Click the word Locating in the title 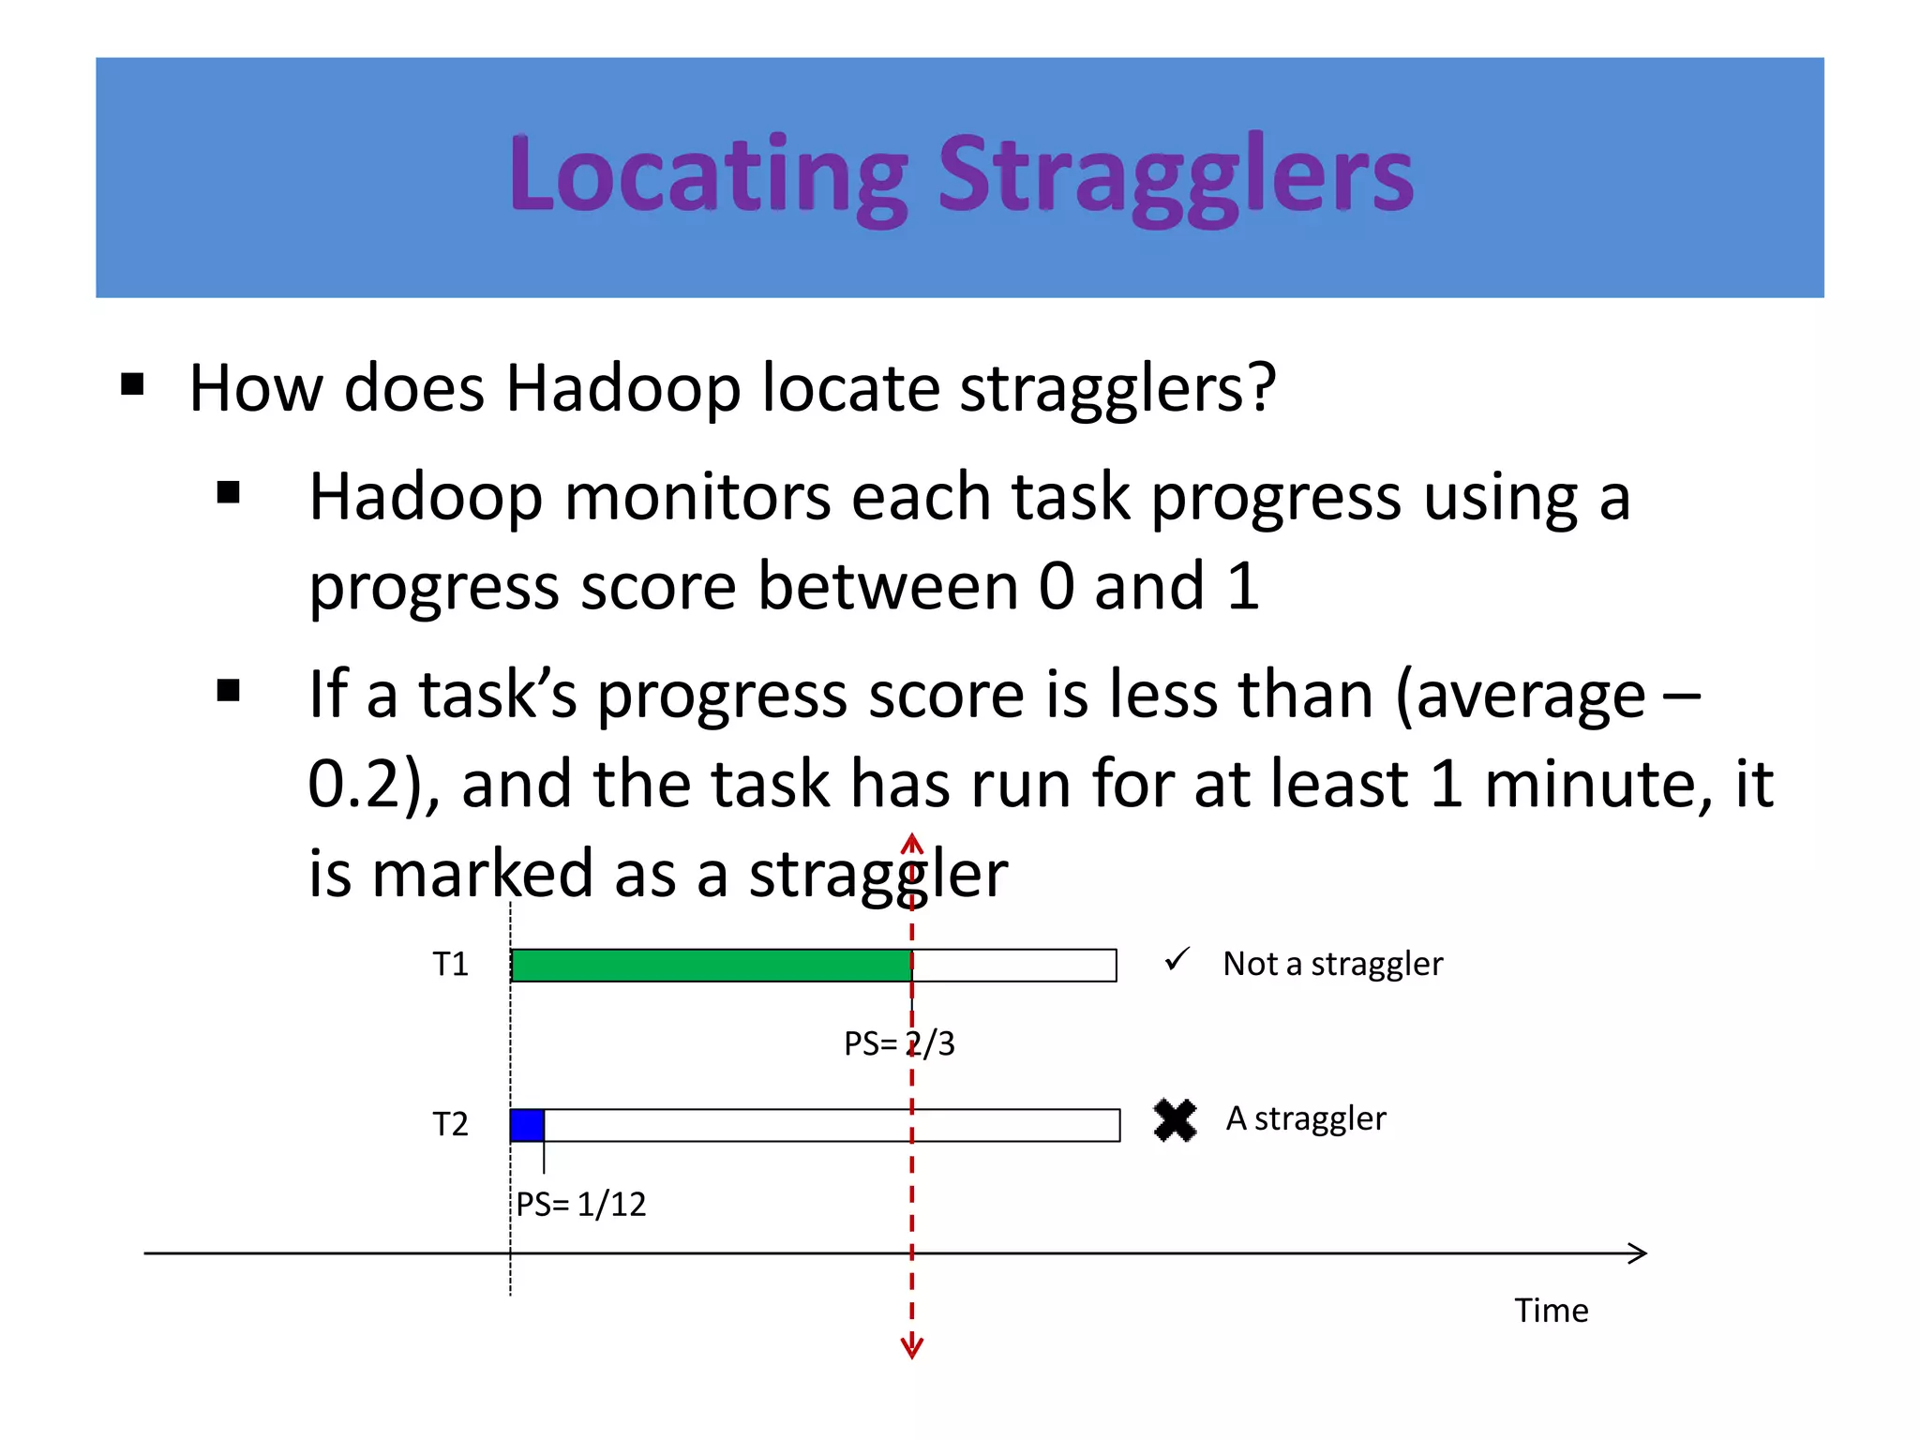(708, 176)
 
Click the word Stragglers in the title (1176, 176)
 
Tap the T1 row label (450, 965)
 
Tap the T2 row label (450, 1124)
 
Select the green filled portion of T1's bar (711, 966)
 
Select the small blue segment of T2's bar (527, 1125)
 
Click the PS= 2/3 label (898, 1043)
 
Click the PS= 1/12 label (581, 1205)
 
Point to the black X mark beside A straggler (1175, 1120)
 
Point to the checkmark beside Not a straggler (1177, 960)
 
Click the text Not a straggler (1332, 965)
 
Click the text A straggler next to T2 (1306, 1119)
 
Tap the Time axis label (1551, 1311)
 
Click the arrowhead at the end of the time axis (1639, 1253)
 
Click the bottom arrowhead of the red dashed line (911, 1351)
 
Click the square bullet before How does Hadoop (132, 384)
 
